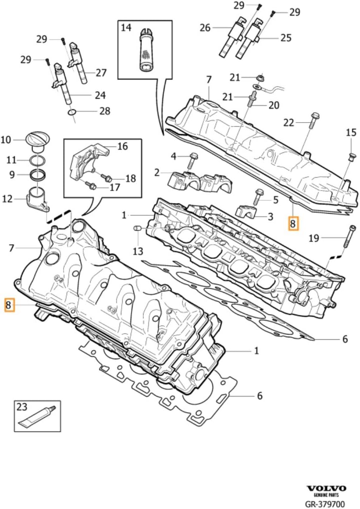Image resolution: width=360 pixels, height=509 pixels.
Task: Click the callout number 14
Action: [126, 28]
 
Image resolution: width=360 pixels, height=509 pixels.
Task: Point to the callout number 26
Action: [205, 28]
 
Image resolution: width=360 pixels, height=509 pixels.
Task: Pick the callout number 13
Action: [138, 251]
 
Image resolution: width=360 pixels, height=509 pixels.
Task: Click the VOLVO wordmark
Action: [326, 488]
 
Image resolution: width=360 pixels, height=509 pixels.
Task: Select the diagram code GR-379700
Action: [325, 504]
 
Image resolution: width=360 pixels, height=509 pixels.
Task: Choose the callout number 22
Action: [289, 122]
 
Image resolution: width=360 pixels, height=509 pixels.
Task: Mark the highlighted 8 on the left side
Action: [9, 305]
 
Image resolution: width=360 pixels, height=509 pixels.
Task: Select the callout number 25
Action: [285, 38]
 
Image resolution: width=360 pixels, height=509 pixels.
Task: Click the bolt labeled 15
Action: [351, 156]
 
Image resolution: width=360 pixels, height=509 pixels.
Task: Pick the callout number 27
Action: [101, 72]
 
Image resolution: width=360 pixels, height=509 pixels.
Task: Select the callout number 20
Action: [274, 105]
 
